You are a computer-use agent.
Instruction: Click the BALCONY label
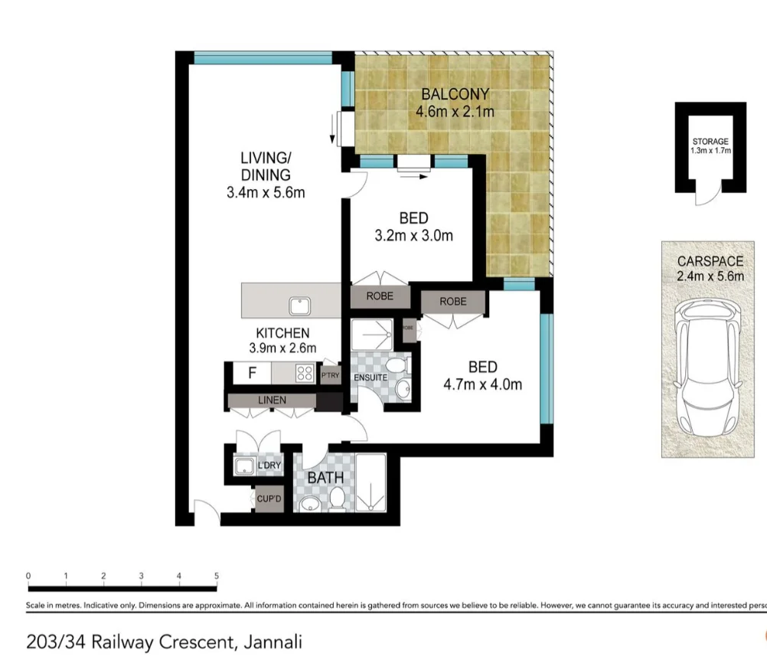[455, 94]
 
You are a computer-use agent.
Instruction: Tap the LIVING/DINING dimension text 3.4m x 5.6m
[266, 192]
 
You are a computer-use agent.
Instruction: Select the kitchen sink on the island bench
[299, 305]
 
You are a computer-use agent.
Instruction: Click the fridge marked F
[251, 374]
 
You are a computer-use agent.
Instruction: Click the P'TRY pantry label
[330, 375]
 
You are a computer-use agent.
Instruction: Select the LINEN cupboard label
[272, 400]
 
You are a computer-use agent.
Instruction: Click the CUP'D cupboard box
[269, 498]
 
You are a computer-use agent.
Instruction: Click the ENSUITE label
[370, 378]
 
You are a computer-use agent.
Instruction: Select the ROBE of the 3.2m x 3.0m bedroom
[380, 296]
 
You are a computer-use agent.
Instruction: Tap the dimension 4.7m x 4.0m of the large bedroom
[482, 384]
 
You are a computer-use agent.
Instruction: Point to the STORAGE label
[710, 142]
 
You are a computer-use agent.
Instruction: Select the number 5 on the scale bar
[217, 576]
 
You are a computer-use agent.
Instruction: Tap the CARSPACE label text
[710, 261]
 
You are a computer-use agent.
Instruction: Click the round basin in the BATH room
[310, 504]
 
